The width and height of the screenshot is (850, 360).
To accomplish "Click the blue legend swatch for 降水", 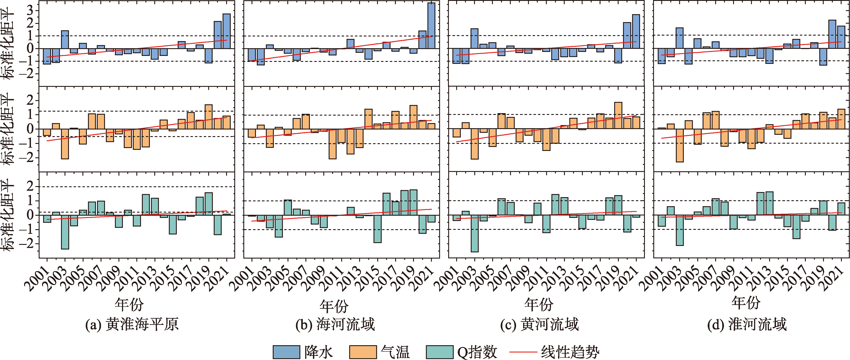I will [286, 352].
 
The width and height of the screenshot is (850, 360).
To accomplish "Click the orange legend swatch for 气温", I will [363, 352].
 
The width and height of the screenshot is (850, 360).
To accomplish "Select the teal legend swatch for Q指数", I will [440, 352].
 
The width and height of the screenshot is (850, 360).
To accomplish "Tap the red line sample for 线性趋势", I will [523, 352].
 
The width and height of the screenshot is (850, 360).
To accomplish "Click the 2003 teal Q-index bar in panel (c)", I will [475, 233].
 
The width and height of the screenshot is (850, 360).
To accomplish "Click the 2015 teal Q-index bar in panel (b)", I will [377, 229].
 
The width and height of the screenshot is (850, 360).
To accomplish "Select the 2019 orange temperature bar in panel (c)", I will [618, 116].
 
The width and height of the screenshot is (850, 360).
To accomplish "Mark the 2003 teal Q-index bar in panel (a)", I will [65, 232].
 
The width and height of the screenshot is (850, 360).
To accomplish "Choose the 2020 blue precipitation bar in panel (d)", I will [832, 34].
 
